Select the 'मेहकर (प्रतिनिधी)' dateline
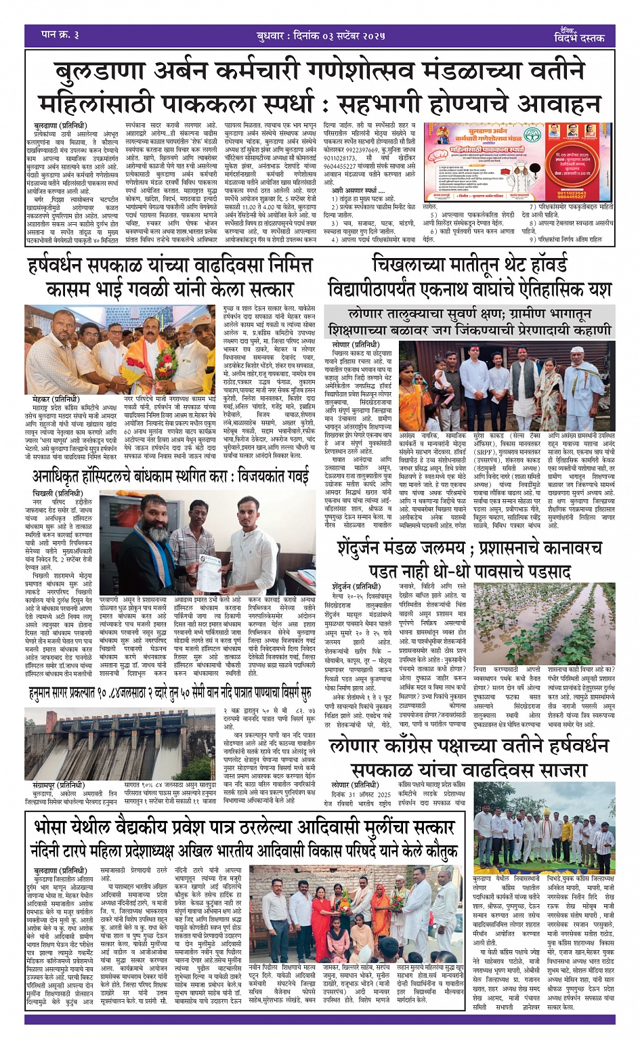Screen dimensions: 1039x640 (56, 400)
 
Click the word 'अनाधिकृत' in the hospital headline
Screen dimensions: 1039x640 (66, 477)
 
